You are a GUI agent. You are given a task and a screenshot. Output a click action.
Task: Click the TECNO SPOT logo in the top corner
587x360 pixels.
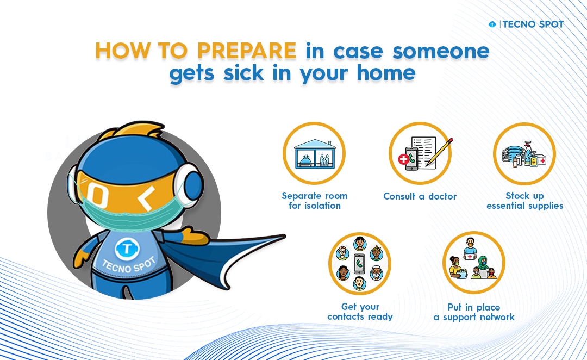pos(526,24)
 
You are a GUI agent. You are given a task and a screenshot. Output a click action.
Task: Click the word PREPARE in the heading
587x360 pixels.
pos(247,51)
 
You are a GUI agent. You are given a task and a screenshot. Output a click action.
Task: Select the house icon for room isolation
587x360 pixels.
pos(315,153)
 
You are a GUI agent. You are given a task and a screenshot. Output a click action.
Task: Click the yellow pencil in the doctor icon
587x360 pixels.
pos(440,152)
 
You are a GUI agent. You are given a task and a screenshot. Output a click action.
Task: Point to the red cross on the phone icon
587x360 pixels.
pos(403,159)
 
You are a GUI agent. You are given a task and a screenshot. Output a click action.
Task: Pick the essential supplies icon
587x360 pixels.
pos(524,153)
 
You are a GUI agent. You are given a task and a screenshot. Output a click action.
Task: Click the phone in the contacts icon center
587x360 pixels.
pos(359,264)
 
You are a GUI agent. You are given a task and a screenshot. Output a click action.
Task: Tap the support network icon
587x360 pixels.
pos(473,262)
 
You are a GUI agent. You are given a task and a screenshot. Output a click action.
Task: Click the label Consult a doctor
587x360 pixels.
pos(420,196)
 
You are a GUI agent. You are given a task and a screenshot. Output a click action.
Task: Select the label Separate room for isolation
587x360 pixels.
pos(315,201)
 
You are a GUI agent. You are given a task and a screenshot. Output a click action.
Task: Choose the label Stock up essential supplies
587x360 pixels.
pos(525,201)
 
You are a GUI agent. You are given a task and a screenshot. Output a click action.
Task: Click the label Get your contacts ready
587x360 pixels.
pos(360,312)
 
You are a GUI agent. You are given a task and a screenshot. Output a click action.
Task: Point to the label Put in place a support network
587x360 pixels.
pos(474,312)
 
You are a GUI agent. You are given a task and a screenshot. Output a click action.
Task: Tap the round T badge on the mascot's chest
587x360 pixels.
pos(127,249)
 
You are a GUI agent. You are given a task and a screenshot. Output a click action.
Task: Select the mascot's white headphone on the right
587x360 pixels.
pos(189,184)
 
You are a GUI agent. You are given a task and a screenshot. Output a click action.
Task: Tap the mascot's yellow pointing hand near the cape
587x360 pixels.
pos(195,236)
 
